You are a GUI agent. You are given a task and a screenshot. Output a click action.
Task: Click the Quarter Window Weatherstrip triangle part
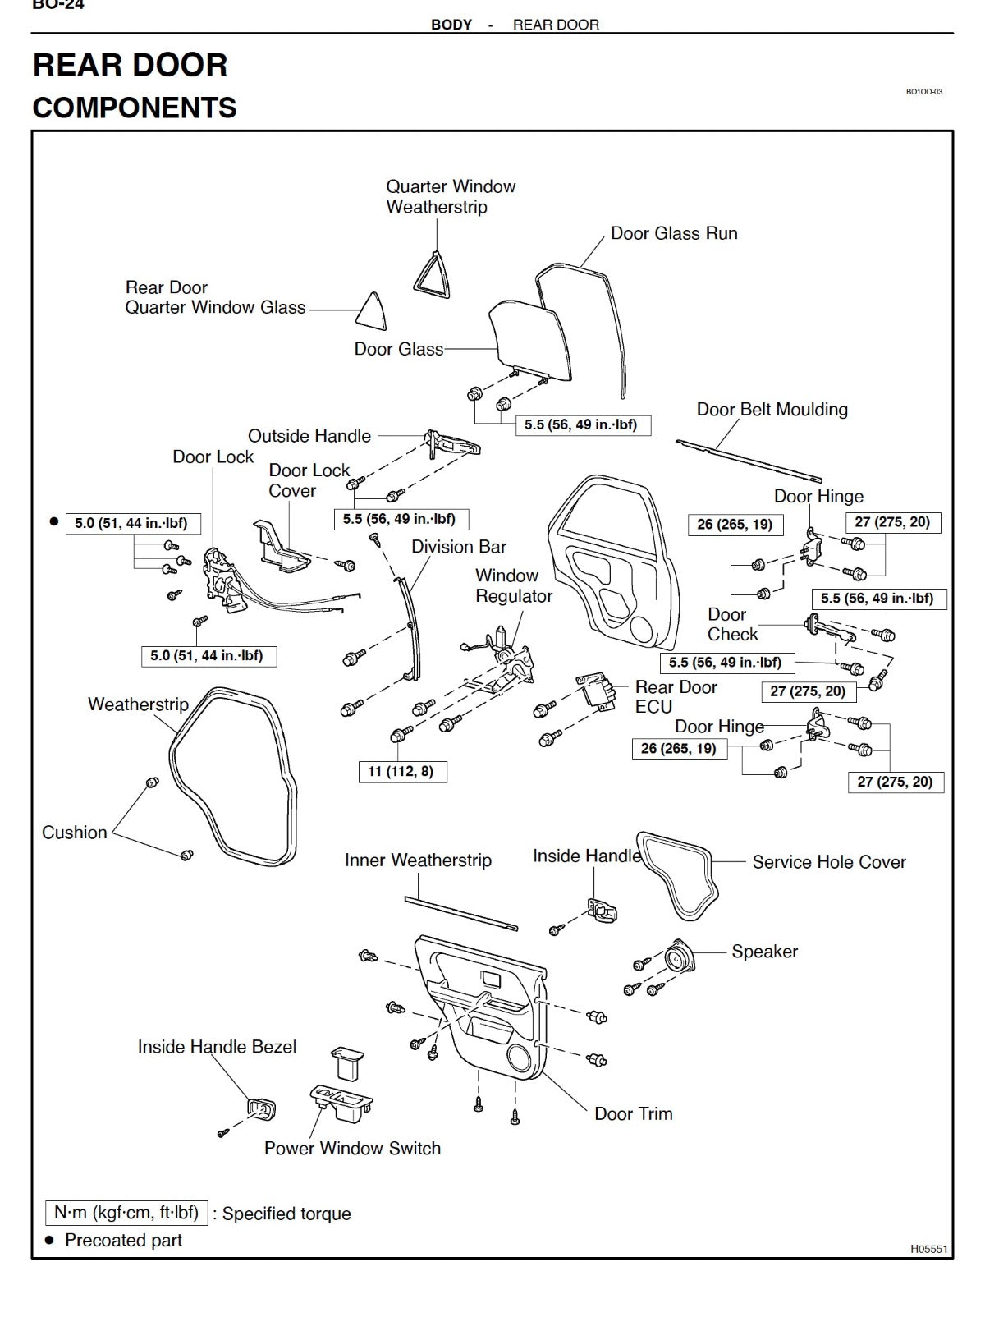432,273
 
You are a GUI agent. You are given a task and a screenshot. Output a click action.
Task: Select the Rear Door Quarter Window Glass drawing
372,313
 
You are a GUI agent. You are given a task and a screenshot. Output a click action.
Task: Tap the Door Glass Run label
673,233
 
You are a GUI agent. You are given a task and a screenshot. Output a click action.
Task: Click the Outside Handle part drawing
451,443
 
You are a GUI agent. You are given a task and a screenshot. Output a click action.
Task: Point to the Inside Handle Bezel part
260,1109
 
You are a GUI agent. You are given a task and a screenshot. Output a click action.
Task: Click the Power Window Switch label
352,1148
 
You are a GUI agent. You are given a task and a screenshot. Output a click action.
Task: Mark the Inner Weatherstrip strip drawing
460,914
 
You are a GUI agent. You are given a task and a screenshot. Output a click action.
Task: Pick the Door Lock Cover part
281,548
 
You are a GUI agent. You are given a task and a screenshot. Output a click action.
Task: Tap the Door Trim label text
633,1113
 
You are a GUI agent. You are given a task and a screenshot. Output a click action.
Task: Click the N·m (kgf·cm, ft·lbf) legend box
126,1213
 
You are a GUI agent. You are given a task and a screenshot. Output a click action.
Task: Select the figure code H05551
928,1249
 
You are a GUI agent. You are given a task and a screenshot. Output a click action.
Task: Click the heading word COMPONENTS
135,108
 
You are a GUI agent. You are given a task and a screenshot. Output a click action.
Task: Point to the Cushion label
75,832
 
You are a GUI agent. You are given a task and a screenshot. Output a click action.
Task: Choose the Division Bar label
458,547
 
